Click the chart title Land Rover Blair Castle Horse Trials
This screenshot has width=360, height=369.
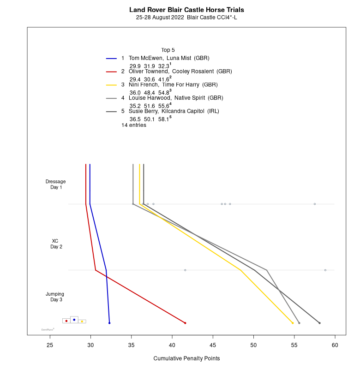(x=186, y=10)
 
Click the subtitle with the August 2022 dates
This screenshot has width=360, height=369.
(x=186, y=18)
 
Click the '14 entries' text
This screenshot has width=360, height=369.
(x=134, y=125)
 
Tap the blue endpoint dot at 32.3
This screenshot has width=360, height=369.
(x=109, y=323)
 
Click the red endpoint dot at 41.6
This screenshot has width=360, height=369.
(x=185, y=323)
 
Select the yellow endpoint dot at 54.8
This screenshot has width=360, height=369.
(x=293, y=323)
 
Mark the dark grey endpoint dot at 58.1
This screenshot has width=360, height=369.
(x=319, y=323)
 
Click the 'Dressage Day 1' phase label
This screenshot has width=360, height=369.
(x=56, y=184)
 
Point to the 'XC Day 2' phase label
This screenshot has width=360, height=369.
(x=56, y=244)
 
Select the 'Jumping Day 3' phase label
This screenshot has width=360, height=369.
(x=55, y=297)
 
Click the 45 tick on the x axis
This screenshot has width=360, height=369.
(x=213, y=344)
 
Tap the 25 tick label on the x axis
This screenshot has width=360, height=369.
(x=50, y=344)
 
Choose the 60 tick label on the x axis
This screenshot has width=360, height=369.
(x=335, y=344)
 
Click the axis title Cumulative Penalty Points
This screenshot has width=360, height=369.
(x=186, y=358)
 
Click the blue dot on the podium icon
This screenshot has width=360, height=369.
(x=74, y=320)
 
